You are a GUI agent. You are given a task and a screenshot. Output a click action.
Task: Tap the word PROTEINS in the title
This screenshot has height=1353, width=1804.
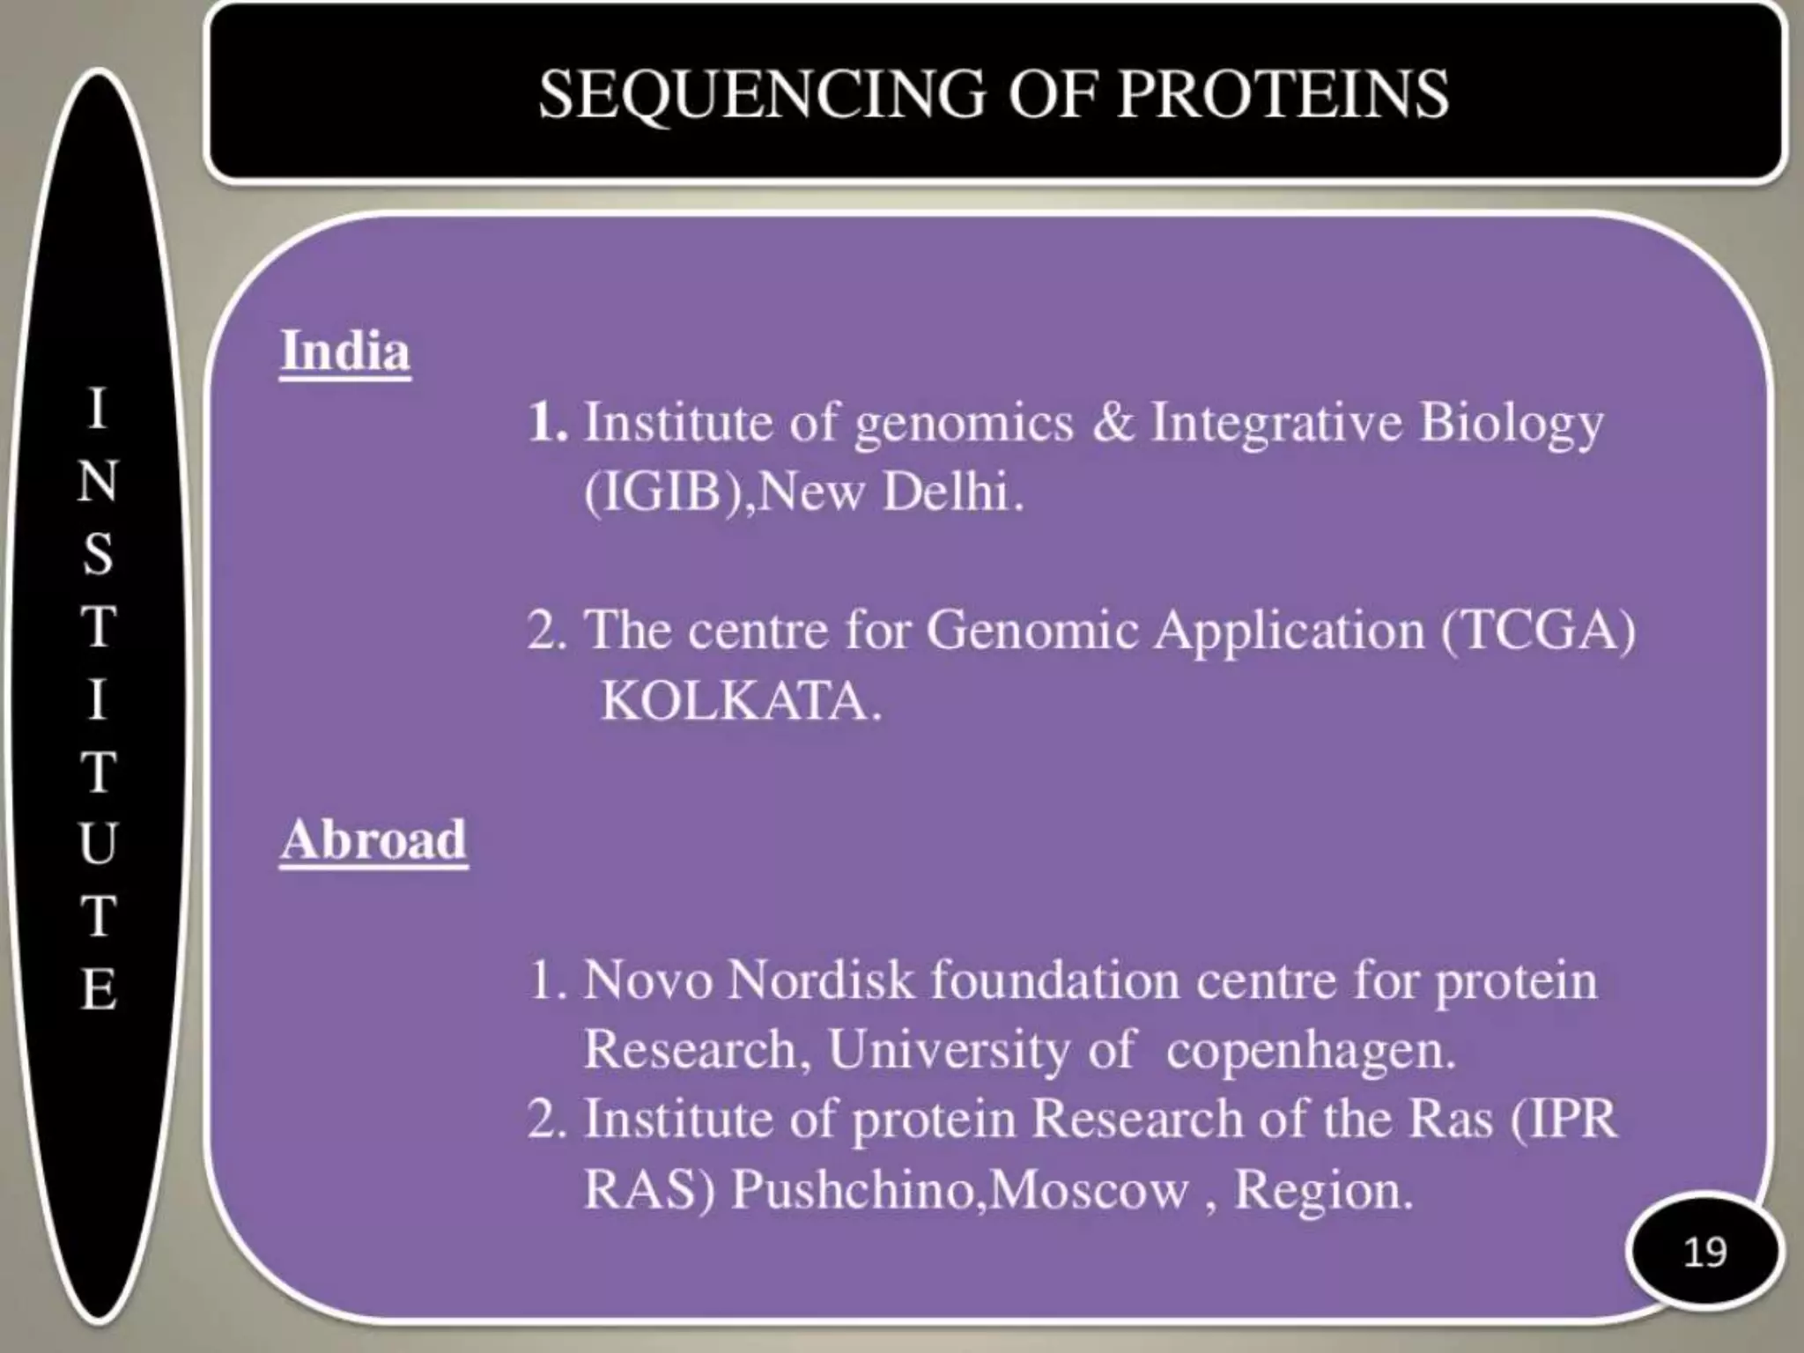pos(1283,95)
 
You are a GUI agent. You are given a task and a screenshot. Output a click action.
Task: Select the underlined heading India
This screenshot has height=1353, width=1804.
pos(345,351)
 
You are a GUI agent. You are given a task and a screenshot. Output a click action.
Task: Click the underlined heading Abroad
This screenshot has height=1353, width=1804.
pos(373,839)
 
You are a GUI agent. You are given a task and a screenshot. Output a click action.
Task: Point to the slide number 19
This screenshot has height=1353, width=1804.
pos(1704,1252)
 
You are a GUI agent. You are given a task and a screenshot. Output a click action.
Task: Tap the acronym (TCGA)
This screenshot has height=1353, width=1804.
pos(1538,631)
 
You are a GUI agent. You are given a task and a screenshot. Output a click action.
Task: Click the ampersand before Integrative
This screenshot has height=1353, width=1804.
pos(1113,422)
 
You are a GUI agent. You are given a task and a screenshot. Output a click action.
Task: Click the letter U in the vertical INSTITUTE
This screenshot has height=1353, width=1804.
pos(99,842)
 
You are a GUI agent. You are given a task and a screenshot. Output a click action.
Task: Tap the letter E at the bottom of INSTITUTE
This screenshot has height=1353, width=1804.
pos(99,988)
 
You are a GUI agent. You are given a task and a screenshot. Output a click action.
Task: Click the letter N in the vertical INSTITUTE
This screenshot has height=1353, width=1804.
pos(99,481)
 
